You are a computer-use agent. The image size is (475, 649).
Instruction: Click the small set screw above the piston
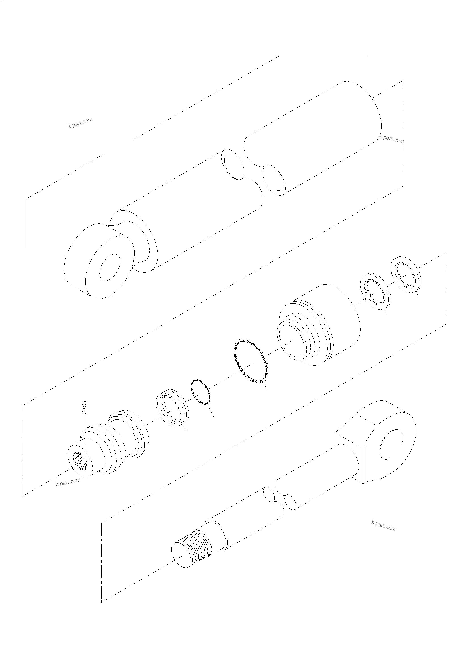click(x=84, y=407)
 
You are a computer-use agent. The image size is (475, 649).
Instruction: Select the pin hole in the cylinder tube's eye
click(x=109, y=267)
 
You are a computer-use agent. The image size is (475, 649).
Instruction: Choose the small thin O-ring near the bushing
click(x=201, y=392)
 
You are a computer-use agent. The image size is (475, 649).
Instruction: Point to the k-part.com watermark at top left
click(x=80, y=123)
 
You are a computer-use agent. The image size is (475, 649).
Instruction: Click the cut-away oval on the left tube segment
click(x=233, y=166)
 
